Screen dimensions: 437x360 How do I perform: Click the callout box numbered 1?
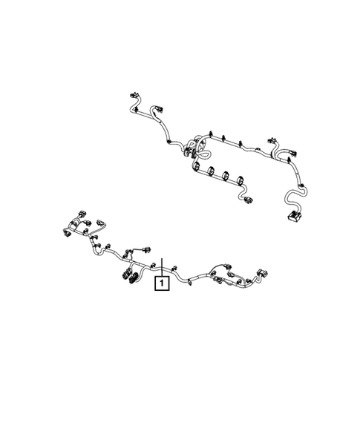click(161, 283)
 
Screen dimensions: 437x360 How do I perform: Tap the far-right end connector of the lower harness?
click(262, 273)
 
